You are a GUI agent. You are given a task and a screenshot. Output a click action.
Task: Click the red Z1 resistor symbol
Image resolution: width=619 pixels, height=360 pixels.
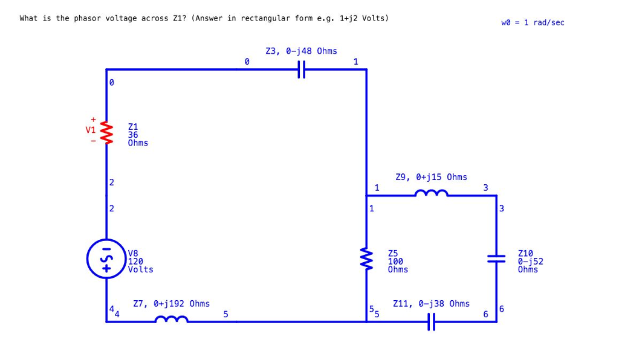pos(107,130)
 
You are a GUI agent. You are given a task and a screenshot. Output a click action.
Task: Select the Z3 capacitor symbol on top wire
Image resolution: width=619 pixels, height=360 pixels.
pos(302,70)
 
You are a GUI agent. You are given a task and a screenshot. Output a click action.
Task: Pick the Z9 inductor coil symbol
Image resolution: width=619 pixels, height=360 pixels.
pos(431,193)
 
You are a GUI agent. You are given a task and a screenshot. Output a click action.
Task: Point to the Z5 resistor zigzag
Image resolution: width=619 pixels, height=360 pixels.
pos(366,259)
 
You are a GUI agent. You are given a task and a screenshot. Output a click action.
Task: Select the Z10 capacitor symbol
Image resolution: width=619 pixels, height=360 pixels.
pos(496,259)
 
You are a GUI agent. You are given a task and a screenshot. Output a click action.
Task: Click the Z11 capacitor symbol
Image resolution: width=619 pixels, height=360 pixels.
pos(431,322)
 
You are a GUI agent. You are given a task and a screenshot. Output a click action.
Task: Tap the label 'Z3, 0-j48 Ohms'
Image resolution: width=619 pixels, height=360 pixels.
pos(301,51)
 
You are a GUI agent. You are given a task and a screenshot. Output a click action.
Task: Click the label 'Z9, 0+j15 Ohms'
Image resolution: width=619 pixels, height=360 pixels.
pos(431,177)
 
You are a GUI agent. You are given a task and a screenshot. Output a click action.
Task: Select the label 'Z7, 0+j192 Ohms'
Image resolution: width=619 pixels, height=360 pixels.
pos(171,303)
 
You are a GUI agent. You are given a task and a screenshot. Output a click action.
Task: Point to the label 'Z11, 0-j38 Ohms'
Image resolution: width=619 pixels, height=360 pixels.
pos(431,303)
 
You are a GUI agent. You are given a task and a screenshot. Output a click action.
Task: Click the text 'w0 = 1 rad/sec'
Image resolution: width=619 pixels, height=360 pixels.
pos(533,22)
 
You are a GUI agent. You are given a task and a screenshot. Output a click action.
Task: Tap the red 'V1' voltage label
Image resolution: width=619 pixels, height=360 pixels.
pos(90,129)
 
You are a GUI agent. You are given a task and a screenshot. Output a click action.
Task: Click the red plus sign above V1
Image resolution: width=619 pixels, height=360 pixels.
pos(93,119)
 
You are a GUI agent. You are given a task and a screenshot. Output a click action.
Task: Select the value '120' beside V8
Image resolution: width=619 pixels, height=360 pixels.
pos(135,262)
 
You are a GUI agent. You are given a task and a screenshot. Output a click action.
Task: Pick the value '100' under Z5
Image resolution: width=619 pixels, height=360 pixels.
pos(395,262)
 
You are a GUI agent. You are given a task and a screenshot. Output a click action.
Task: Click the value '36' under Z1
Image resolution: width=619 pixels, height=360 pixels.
pos(134,135)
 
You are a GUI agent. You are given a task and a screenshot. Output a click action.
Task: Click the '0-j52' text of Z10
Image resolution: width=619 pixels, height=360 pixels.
pos(531,262)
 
